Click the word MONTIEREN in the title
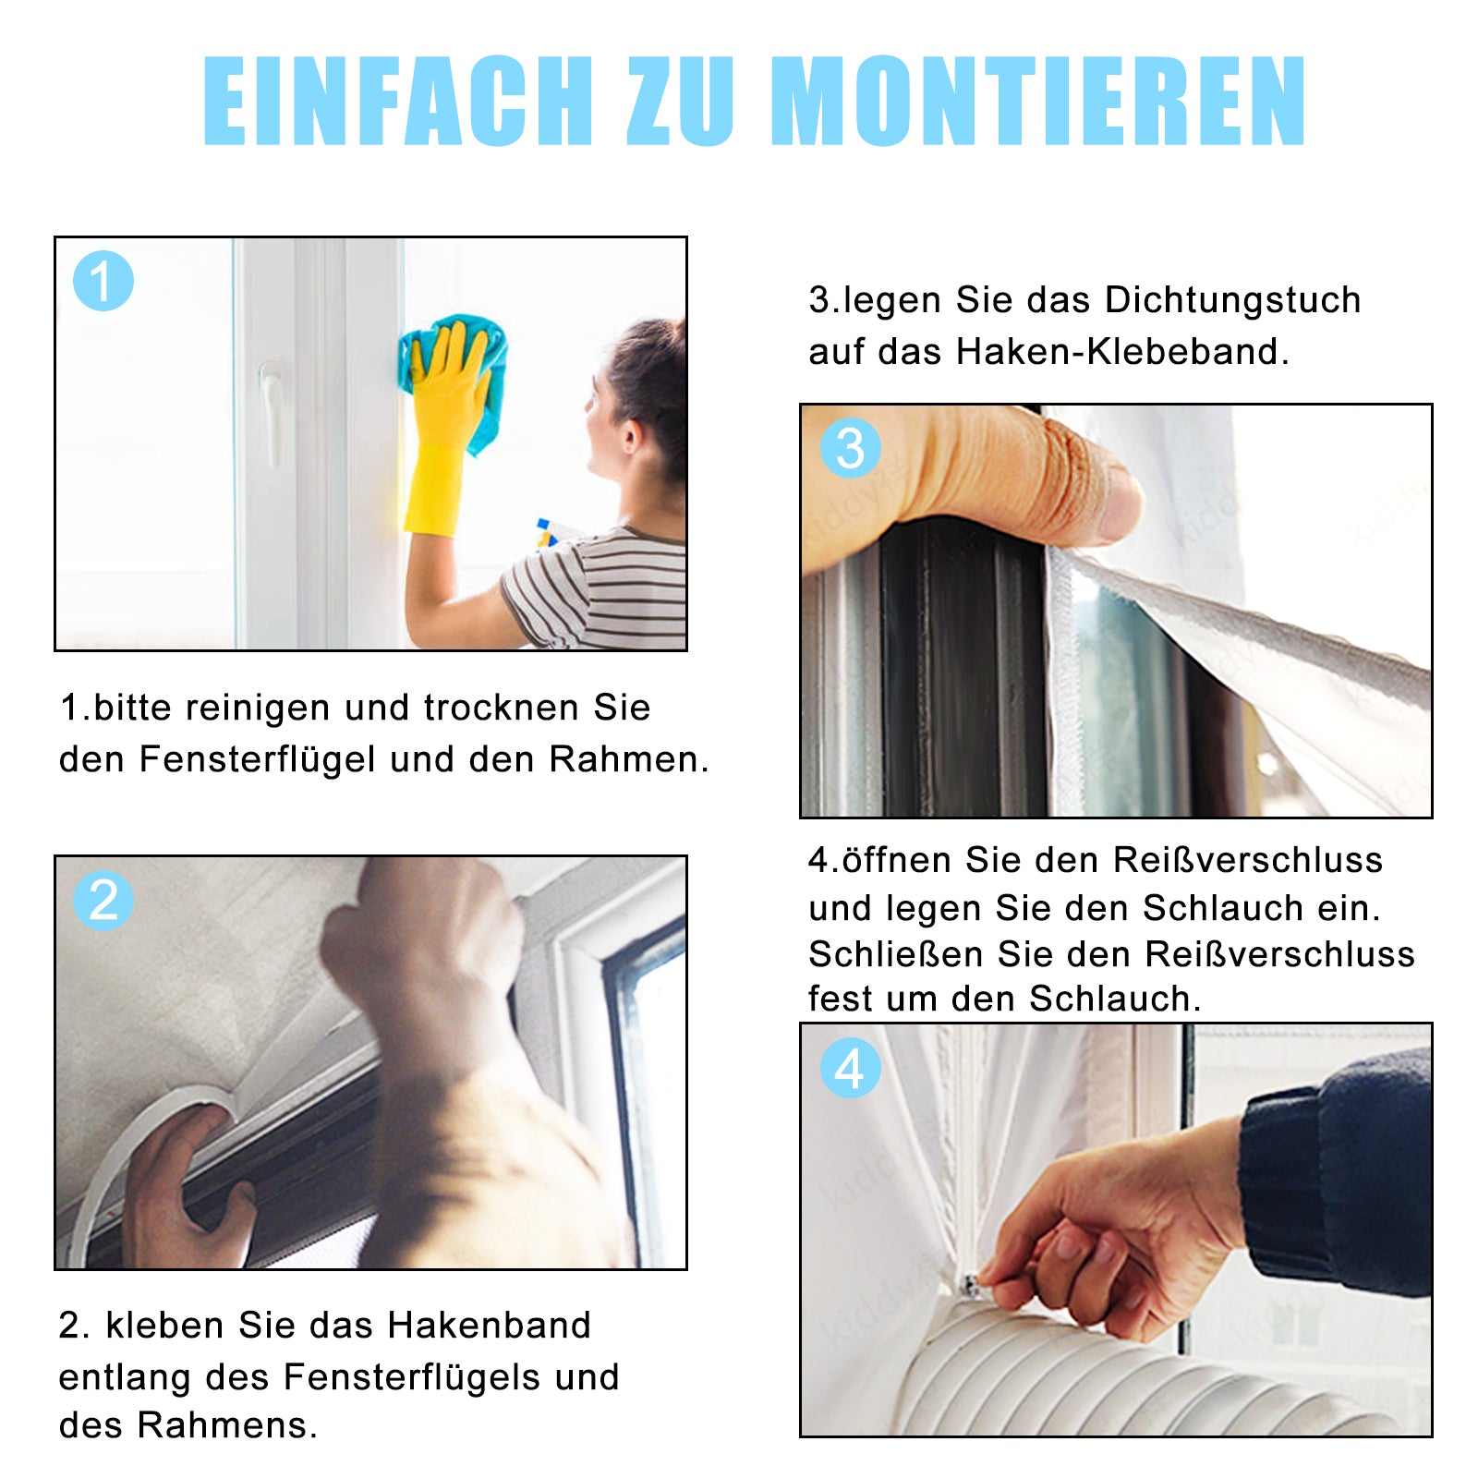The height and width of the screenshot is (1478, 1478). [x=1038, y=101]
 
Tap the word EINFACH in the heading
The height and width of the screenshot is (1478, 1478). [x=398, y=101]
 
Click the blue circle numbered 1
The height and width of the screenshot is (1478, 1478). [x=103, y=281]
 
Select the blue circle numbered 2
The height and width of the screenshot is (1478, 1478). [x=103, y=900]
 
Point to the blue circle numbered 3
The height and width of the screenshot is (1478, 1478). [x=850, y=448]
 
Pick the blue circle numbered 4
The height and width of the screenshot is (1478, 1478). [x=850, y=1068]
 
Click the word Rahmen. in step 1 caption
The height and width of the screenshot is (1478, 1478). [x=629, y=759]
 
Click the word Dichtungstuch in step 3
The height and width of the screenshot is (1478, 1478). [x=1232, y=300]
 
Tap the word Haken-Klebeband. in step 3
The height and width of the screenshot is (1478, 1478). [x=1122, y=352]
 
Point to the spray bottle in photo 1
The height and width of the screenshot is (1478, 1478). [x=546, y=533]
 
